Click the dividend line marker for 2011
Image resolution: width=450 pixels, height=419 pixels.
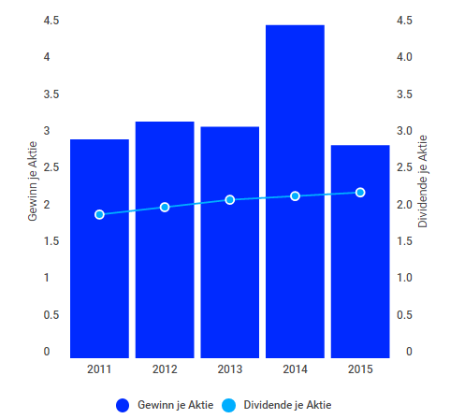pyautogui.click(x=99, y=215)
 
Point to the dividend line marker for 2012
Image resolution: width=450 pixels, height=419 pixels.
pyautogui.click(x=165, y=207)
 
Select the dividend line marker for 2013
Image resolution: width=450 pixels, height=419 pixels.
pyautogui.click(x=230, y=200)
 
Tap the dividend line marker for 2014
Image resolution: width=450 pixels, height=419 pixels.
pyautogui.click(x=295, y=196)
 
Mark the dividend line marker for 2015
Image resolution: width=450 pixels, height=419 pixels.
pyautogui.click(x=360, y=193)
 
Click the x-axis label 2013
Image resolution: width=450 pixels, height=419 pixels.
pyautogui.click(x=230, y=369)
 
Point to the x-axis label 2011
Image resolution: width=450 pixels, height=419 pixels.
pyautogui.click(x=99, y=369)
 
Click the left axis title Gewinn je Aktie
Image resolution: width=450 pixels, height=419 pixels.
pyautogui.click(x=33, y=187)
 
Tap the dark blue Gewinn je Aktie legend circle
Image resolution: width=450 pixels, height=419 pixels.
pyautogui.click(x=123, y=405)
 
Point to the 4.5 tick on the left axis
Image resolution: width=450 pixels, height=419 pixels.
pyautogui.click(x=47, y=22)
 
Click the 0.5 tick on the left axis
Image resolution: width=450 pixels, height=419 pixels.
pyautogui.click(x=47, y=315)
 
